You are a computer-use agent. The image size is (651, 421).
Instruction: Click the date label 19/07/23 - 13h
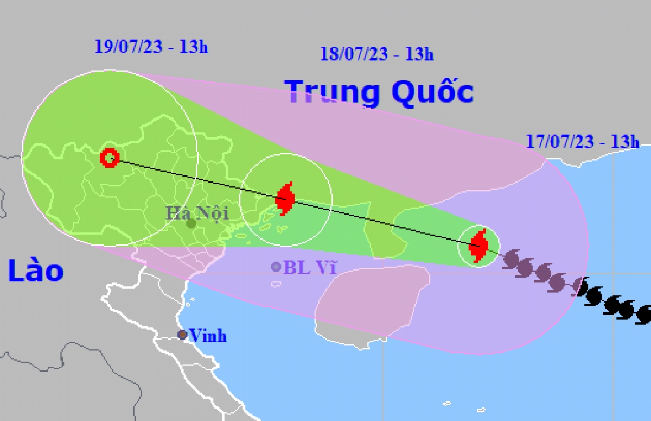click(x=151, y=47)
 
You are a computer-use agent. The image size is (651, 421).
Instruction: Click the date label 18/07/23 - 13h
click(x=376, y=54)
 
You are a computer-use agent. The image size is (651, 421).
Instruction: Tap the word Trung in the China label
click(x=333, y=92)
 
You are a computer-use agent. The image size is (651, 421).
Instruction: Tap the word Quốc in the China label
click(x=432, y=92)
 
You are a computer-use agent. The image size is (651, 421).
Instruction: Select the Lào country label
click(x=36, y=271)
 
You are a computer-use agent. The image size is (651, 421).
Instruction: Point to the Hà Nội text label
click(x=197, y=212)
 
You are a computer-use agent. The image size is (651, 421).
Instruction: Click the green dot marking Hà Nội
click(x=190, y=223)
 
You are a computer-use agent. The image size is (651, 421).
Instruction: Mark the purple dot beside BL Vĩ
click(x=277, y=266)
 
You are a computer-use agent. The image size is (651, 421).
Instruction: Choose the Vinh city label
click(x=208, y=336)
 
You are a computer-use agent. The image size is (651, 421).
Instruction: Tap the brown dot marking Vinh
click(x=183, y=335)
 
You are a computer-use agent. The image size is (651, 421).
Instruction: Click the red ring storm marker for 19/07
click(x=110, y=158)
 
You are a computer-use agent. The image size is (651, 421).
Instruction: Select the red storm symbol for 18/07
click(x=285, y=199)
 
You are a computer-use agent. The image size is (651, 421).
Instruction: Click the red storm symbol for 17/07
click(x=478, y=246)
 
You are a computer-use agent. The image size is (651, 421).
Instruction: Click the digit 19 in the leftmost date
click(x=101, y=47)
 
